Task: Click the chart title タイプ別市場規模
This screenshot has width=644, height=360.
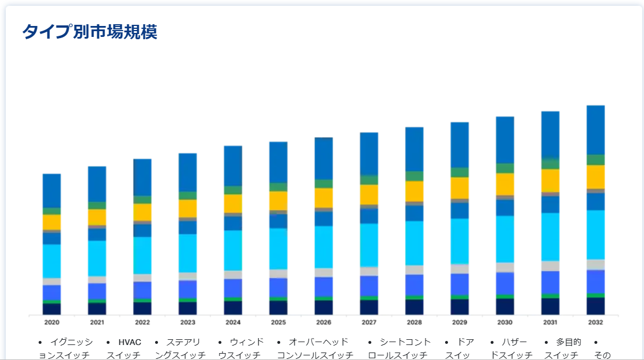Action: coord(89,32)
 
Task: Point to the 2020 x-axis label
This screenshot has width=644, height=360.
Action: coord(52,322)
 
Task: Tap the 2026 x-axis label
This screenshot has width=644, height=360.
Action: coord(323,322)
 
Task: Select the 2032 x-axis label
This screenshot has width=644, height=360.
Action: coord(595,322)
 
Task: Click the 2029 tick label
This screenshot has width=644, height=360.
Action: coord(460,322)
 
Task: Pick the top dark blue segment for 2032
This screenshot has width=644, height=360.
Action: coord(595,130)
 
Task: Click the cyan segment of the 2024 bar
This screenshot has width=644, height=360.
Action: coord(233,250)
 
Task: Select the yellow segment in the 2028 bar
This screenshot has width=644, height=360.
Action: coord(414,191)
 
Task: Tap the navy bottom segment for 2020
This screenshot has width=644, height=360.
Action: coord(52,309)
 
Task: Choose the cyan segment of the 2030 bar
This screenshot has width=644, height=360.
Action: coord(504,239)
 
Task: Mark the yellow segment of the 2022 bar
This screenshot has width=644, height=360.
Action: coord(142,212)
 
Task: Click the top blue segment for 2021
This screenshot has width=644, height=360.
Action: coord(97,184)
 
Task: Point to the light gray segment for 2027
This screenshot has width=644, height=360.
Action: coord(369,271)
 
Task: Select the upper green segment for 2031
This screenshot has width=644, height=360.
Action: coord(550,164)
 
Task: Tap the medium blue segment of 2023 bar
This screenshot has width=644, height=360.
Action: coord(187,289)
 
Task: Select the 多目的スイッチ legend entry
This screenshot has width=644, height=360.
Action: coord(562,348)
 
